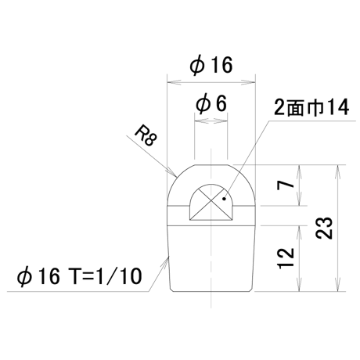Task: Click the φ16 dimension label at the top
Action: [x=211, y=65]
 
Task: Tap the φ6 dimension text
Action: [x=211, y=104]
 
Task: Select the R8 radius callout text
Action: [x=146, y=137]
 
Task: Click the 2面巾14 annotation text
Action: [x=311, y=107]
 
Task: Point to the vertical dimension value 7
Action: [x=286, y=185]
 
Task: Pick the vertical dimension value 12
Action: [x=286, y=258]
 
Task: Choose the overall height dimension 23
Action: [x=324, y=228]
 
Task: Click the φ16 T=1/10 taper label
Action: [x=80, y=276]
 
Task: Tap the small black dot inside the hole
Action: [x=224, y=199]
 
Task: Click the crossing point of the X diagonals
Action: [x=211, y=202]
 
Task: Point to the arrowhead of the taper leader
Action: [x=167, y=257]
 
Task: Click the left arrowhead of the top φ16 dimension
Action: [x=167, y=82]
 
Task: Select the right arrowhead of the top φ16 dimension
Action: [x=254, y=82]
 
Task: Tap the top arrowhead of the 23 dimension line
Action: [x=338, y=165]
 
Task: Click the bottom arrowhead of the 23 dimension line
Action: [x=338, y=291]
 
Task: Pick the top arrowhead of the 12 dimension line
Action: [x=299, y=226]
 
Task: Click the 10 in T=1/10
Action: [x=132, y=276]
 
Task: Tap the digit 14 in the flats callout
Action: [x=339, y=107]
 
